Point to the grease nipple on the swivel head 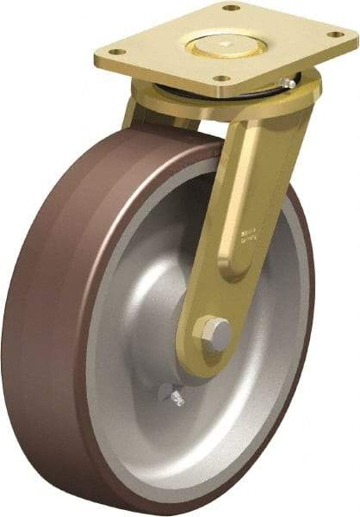290,84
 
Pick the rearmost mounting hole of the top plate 231,8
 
